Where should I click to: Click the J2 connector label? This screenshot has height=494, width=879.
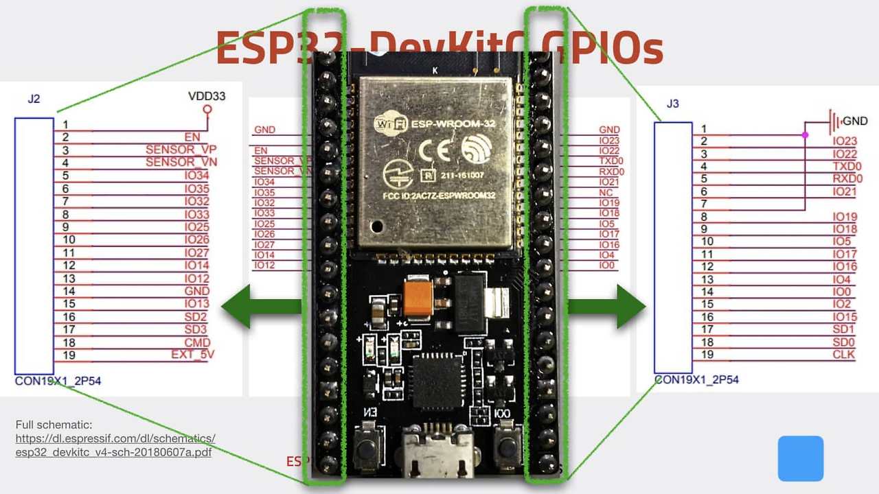tap(34, 99)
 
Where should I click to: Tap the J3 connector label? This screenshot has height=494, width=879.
tap(673, 104)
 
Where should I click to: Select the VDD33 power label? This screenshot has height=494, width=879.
tap(206, 96)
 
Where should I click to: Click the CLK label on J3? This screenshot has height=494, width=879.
tap(845, 355)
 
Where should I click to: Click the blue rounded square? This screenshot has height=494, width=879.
tap(800, 458)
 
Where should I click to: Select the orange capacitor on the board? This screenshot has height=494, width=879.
tap(417, 299)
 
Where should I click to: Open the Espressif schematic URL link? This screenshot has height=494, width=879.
tap(115, 445)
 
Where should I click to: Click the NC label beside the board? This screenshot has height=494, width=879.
tap(606, 193)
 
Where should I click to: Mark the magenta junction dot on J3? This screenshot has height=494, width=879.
tap(805, 135)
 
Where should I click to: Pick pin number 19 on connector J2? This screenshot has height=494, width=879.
tap(69, 355)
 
